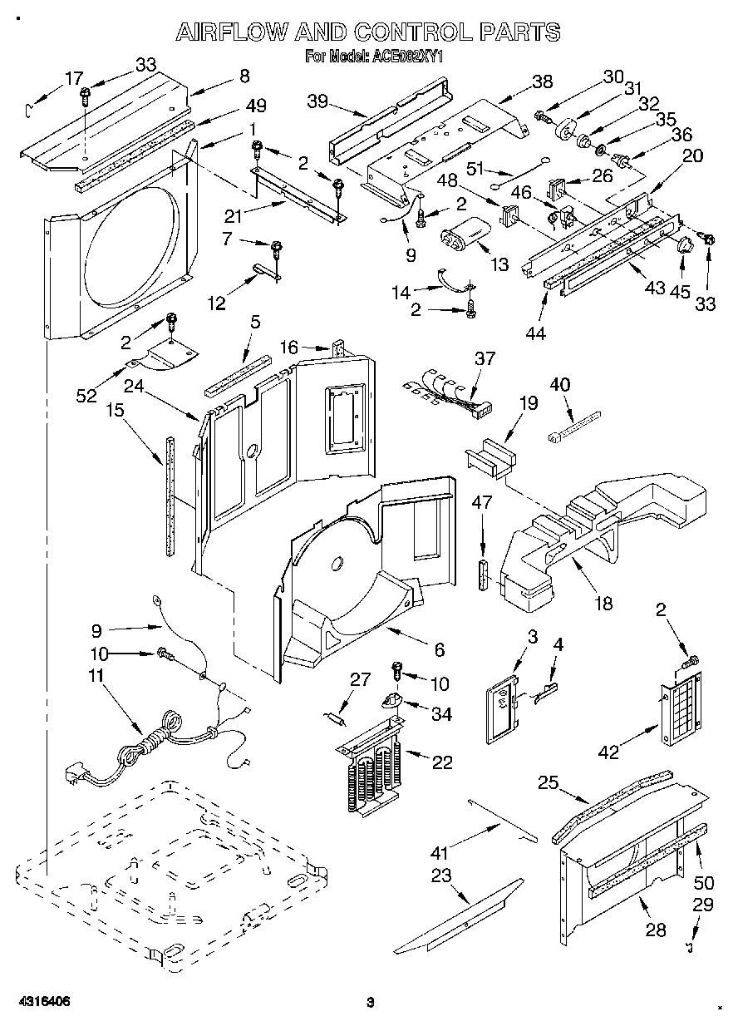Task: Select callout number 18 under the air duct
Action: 603,602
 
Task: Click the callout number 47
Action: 483,502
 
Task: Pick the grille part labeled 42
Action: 680,711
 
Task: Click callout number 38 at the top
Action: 541,81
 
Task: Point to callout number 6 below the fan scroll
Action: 439,649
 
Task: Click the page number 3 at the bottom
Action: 371,1001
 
